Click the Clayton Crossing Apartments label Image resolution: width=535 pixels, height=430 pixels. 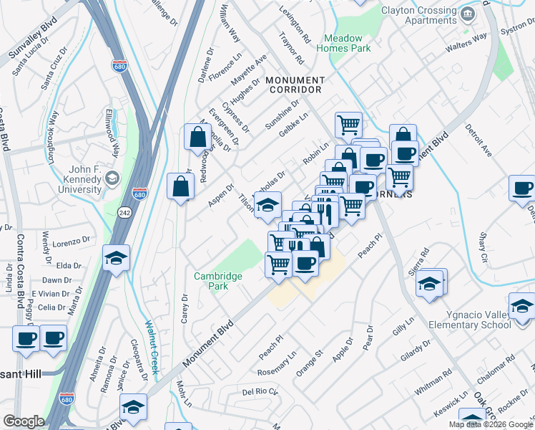pyautogui.click(x=418, y=16)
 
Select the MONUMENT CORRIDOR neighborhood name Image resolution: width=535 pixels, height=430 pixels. pyautogui.click(x=295, y=84)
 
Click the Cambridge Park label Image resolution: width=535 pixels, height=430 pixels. pyautogui.click(x=217, y=281)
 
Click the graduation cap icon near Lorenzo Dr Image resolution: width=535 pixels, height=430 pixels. pyautogui.click(x=116, y=257)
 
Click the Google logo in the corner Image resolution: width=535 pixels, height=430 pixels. pyautogui.click(x=24, y=421)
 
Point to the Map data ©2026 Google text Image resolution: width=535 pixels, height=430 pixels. pyautogui.click(x=491, y=424)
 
